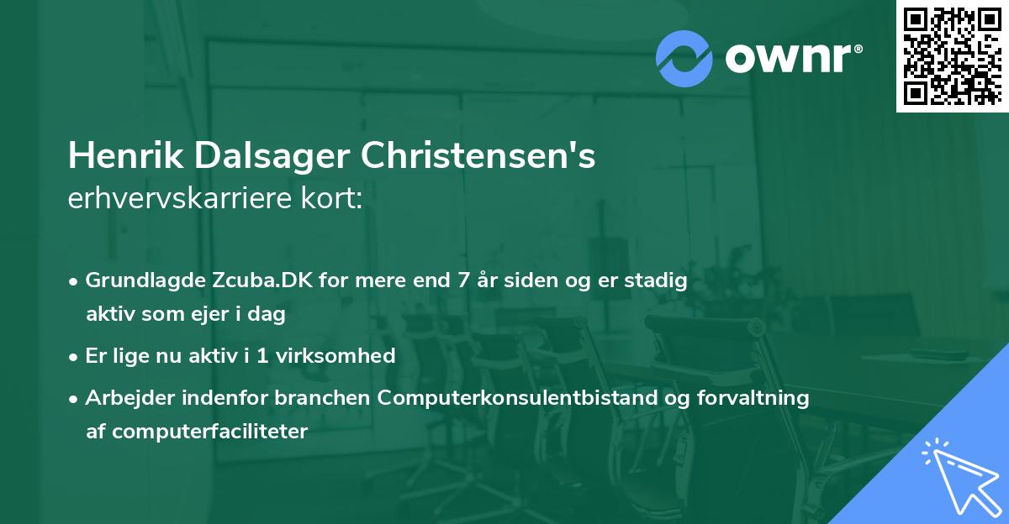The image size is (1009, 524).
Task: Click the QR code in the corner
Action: (952, 56)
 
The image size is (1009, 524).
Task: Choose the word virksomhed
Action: (345, 356)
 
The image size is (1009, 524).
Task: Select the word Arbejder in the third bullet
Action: (122, 398)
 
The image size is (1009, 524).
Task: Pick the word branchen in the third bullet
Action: (332, 398)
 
